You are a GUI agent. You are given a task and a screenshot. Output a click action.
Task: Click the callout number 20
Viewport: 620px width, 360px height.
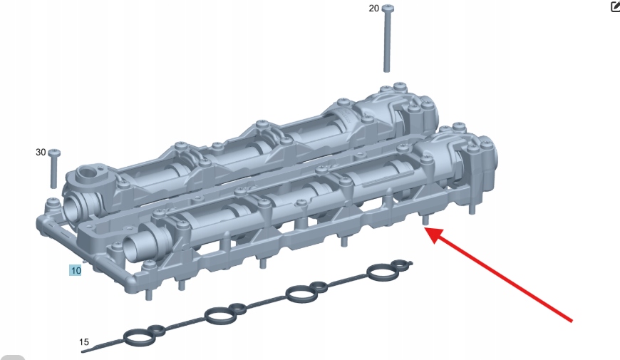373,9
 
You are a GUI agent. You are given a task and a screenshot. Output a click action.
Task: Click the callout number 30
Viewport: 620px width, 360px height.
41,153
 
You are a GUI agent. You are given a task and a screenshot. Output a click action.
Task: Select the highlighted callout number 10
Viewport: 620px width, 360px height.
75,271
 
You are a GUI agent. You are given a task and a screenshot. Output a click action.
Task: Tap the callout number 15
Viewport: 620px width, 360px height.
84,342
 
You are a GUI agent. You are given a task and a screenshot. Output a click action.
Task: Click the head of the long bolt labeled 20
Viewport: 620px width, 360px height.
388,8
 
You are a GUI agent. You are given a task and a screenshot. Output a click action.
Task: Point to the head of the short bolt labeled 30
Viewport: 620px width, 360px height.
54,153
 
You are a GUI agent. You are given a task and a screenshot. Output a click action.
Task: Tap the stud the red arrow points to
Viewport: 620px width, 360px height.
425,220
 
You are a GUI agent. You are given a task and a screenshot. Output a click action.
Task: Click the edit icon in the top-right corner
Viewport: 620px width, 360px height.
615,6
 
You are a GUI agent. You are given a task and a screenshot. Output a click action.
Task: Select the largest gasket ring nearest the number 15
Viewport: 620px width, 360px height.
138,337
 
